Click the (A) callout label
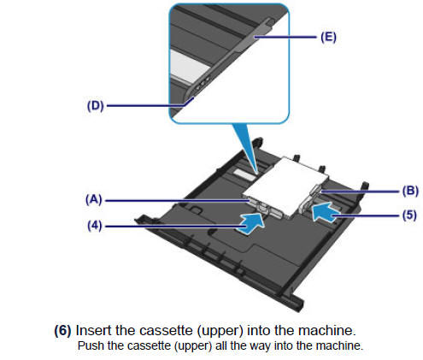tap(94, 199)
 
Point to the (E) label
tap(327, 38)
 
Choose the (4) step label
tap(94, 227)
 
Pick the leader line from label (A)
tap(171, 199)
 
